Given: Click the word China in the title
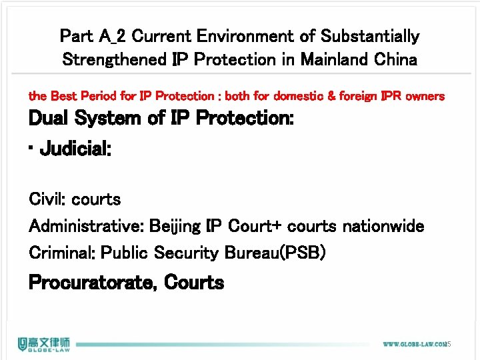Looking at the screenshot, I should pyautogui.click(x=395, y=59).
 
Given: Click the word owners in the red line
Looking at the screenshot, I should pyautogui.click(x=425, y=96).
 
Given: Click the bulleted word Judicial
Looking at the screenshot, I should pyautogui.click(x=75, y=148).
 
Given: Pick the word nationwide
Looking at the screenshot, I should pyautogui.click(x=383, y=227).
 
